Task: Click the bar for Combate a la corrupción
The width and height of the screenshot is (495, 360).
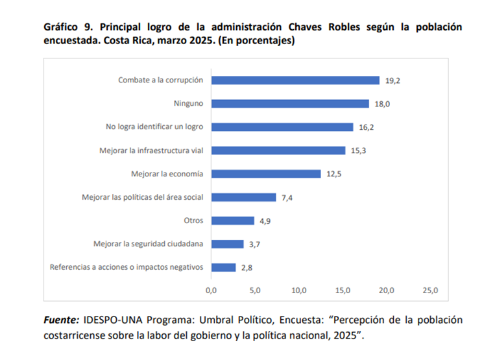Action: pos(295,80)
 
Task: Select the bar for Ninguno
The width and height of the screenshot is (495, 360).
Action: pos(290,104)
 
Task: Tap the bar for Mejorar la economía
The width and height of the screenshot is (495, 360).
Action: pos(266,174)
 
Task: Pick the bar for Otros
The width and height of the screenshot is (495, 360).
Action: pos(232,221)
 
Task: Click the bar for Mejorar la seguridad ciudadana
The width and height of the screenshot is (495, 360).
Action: pos(227,244)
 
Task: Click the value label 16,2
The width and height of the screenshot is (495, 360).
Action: pos(367,127)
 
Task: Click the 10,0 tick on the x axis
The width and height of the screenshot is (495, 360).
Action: pos(299,291)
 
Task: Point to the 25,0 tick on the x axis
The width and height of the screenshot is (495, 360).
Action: pos(431,291)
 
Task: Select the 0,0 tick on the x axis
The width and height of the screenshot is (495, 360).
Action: pos(211,291)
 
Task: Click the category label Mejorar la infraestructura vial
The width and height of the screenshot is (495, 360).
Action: pos(151,150)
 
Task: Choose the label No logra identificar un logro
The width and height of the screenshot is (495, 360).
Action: pos(154,127)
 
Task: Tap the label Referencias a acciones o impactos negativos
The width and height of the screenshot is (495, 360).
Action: pos(127,267)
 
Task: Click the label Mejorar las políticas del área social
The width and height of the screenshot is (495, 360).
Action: pos(143,197)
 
